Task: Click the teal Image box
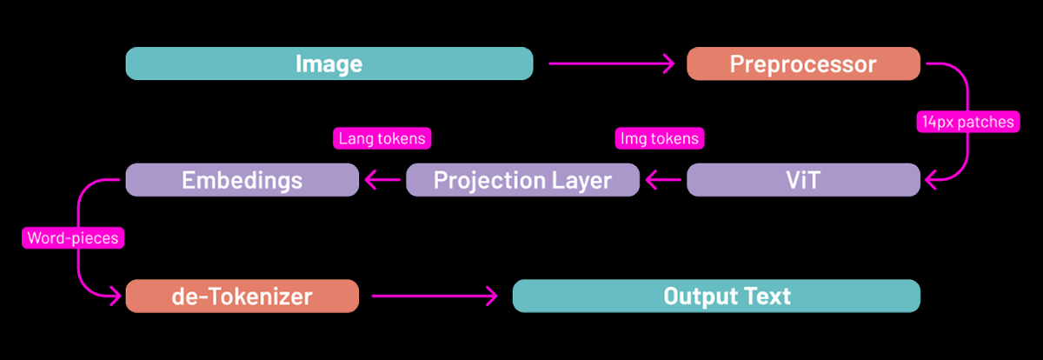329,64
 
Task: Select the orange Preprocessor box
803,64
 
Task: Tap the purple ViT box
803,180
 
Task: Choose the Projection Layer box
522,180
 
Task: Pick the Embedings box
242,180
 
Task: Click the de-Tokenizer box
242,296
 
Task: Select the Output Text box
716,296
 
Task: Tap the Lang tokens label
382,137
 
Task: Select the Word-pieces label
72,237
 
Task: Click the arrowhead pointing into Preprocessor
669,64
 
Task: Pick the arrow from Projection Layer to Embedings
382,180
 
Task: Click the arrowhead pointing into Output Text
491,296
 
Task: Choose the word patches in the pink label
986,122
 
